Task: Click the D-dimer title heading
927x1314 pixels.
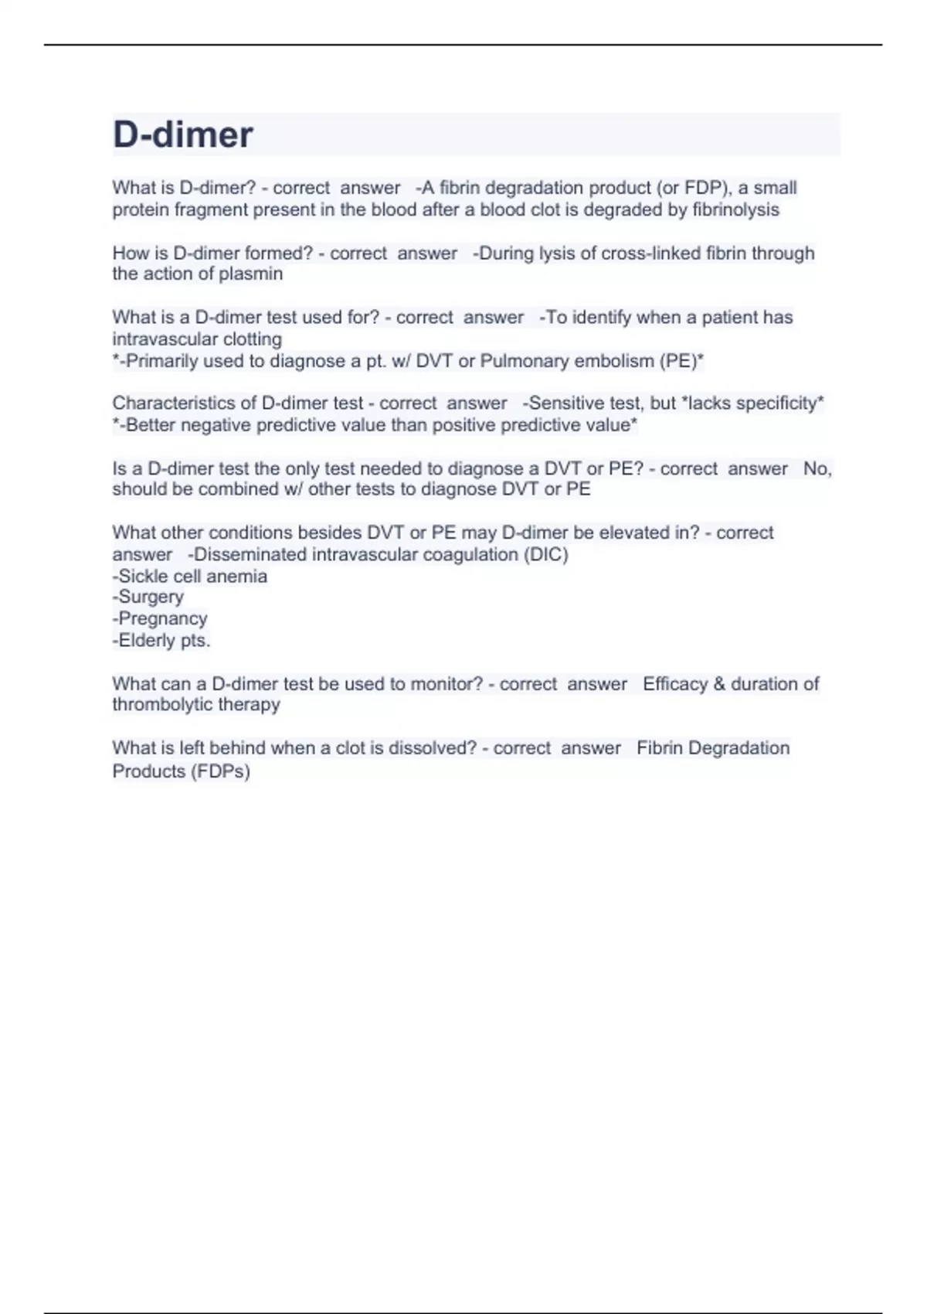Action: (183, 134)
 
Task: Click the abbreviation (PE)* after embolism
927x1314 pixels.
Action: (681, 361)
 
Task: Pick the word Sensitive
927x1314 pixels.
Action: (563, 403)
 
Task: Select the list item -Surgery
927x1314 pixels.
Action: (148, 597)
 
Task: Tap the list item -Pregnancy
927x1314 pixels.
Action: (160, 619)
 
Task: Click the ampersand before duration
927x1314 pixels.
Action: (719, 684)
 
